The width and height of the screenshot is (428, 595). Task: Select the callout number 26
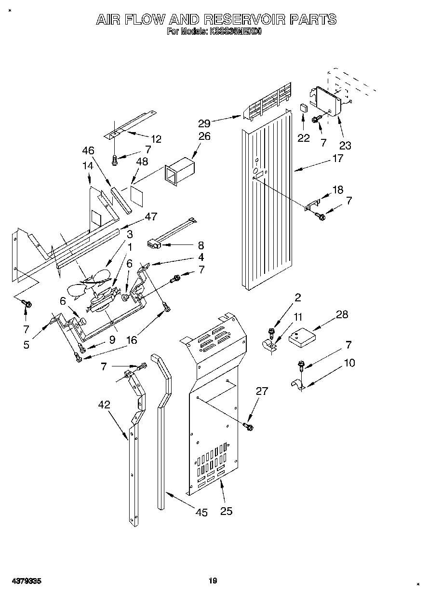click(204, 136)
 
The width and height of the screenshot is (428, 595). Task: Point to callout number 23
click(345, 145)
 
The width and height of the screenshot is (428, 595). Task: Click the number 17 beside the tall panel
click(337, 158)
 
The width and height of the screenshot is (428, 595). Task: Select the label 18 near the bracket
click(338, 190)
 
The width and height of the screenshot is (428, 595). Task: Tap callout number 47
click(151, 216)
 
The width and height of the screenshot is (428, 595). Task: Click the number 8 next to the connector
click(201, 244)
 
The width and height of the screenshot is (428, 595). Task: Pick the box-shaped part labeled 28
click(301, 335)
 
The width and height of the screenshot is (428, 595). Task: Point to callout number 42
click(104, 405)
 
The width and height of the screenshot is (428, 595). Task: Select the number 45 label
click(201, 512)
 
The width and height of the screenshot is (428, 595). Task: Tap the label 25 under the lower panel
click(226, 511)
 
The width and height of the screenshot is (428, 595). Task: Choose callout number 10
click(349, 363)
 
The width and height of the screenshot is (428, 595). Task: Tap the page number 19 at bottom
click(213, 581)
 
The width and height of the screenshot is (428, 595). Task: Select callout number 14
click(87, 165)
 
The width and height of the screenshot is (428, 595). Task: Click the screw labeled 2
click(271, 332)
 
